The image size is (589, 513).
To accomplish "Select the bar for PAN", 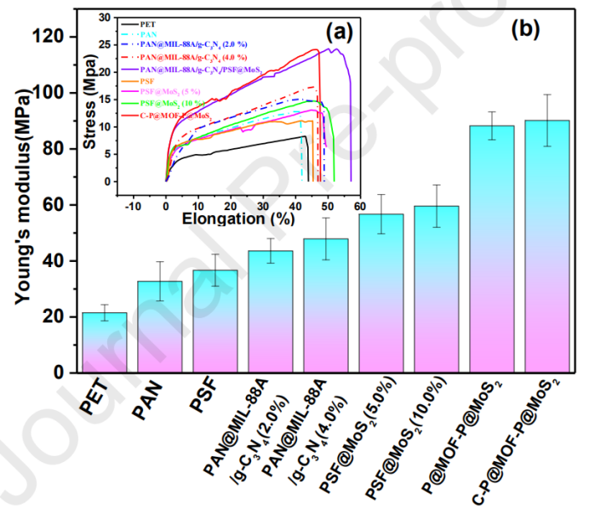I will (159, 327).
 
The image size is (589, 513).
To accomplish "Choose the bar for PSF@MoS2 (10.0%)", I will (436, 289).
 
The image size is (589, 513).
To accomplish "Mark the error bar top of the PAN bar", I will (159, 262).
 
